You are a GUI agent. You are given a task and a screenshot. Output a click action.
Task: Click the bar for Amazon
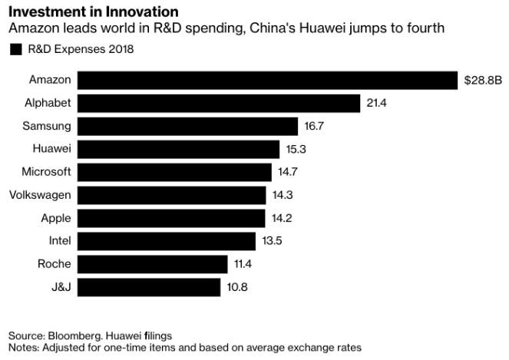point(268,80)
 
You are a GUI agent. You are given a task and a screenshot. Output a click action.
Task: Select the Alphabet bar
point(219,103)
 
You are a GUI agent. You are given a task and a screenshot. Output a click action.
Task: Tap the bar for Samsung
point(187,126)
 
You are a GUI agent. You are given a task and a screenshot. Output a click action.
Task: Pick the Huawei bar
point(178,149)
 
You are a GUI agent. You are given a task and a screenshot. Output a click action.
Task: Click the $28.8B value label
point(481,80)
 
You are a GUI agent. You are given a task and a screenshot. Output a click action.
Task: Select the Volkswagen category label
point(40,195)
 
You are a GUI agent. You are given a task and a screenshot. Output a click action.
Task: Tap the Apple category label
point(55,218)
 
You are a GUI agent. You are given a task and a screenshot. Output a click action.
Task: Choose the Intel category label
point(59,241)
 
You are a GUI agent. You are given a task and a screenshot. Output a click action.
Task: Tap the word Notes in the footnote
point(22,348)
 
